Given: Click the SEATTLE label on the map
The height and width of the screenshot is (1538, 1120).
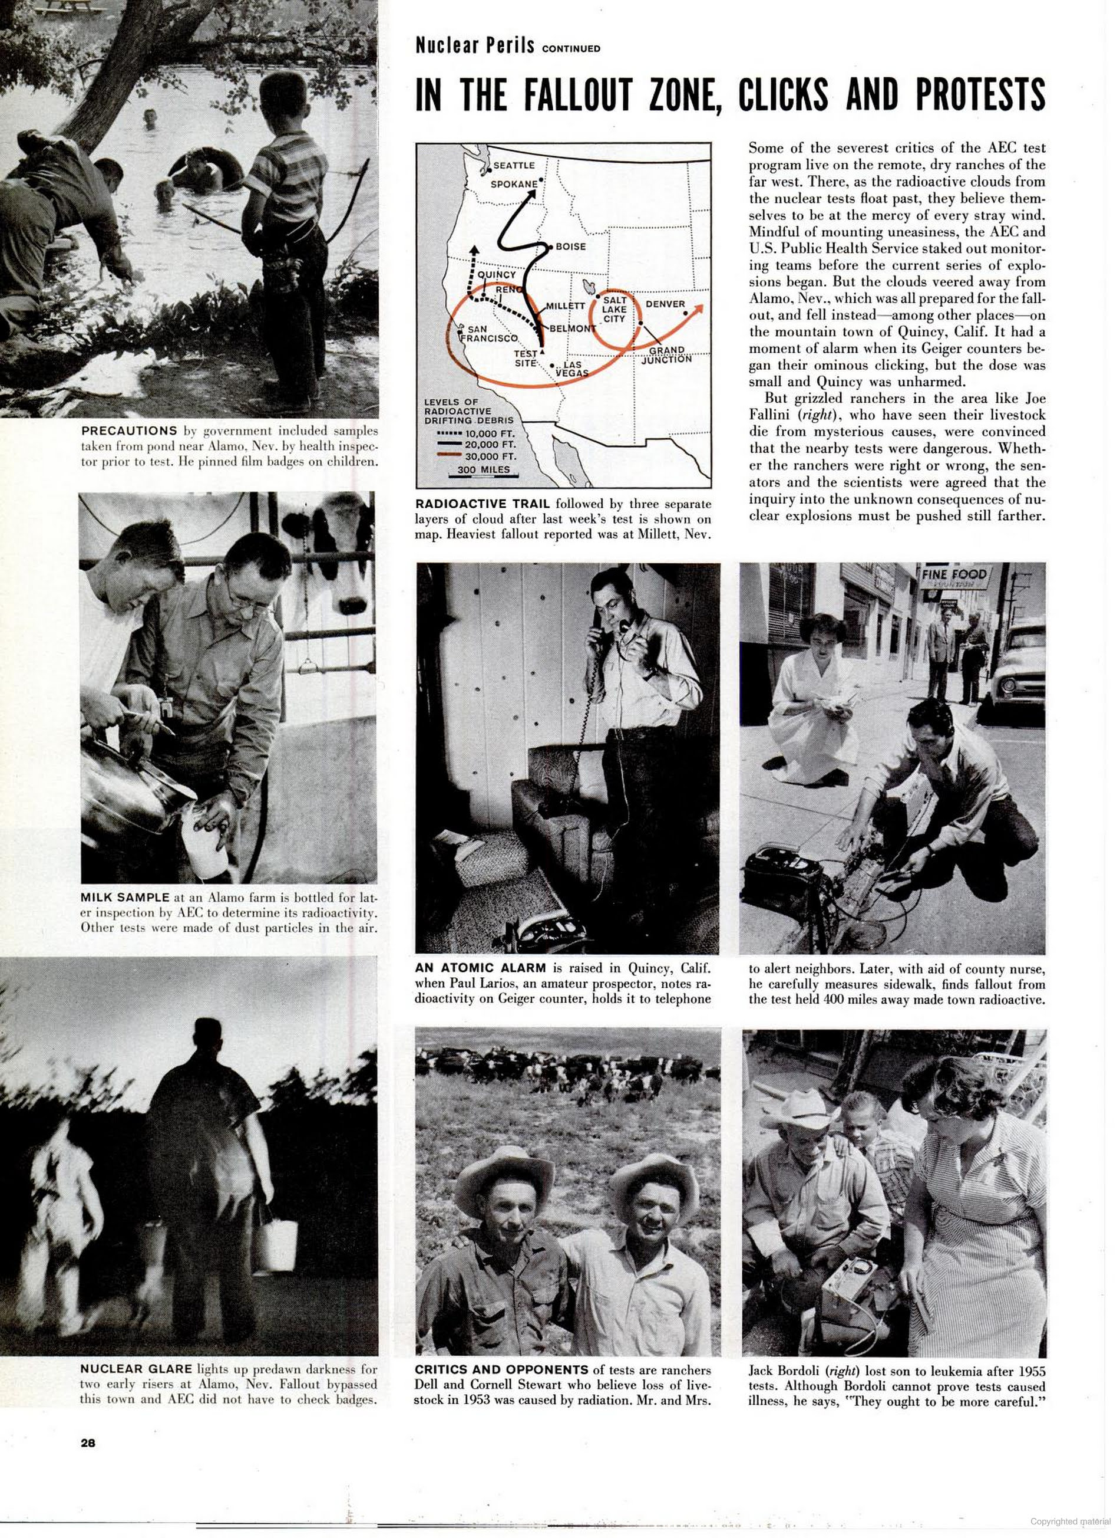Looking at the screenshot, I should pos(513,165).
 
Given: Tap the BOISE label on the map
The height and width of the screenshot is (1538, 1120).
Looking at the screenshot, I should pos(570,247).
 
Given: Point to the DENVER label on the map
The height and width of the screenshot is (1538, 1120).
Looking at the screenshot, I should pos(665,304).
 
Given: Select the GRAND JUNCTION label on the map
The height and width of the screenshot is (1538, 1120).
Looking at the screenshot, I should pos(666,355).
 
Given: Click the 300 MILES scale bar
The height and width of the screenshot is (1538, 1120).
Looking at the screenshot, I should pos(483,472).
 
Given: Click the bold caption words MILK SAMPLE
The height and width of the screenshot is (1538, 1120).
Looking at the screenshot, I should pos(125,898).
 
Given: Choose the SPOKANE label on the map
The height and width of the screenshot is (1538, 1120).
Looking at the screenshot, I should pos(514,184).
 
